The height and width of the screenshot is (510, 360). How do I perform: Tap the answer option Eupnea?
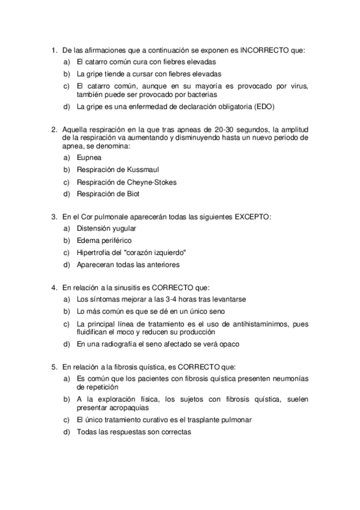coord(88,157)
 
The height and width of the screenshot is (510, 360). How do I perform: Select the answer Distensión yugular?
coord(106,228)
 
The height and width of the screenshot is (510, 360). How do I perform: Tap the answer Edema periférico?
coord(104,240)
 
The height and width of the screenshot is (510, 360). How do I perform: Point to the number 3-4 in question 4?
coord(168,299)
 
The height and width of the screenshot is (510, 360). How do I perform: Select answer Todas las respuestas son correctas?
coord(133,432)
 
